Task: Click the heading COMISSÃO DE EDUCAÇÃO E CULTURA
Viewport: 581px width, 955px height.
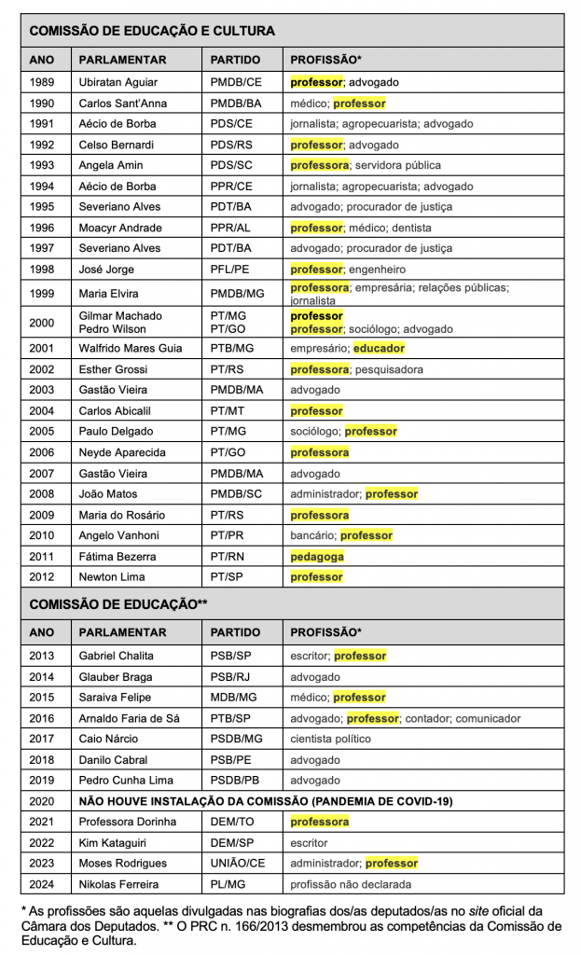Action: click(152, 31)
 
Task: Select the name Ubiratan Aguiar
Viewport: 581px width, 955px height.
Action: click(118, 82)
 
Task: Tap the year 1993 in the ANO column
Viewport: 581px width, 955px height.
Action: click(43, 165)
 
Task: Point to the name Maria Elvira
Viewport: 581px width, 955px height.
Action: click(109, 294)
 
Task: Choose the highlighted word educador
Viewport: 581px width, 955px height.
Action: click(379, 348)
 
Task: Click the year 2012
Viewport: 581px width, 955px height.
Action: click(43, 577)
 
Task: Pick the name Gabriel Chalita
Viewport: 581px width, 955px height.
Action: click(117, 656)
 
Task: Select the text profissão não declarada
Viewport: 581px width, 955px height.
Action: click(351, 884)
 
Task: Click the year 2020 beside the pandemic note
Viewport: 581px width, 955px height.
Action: click(43, 801)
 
